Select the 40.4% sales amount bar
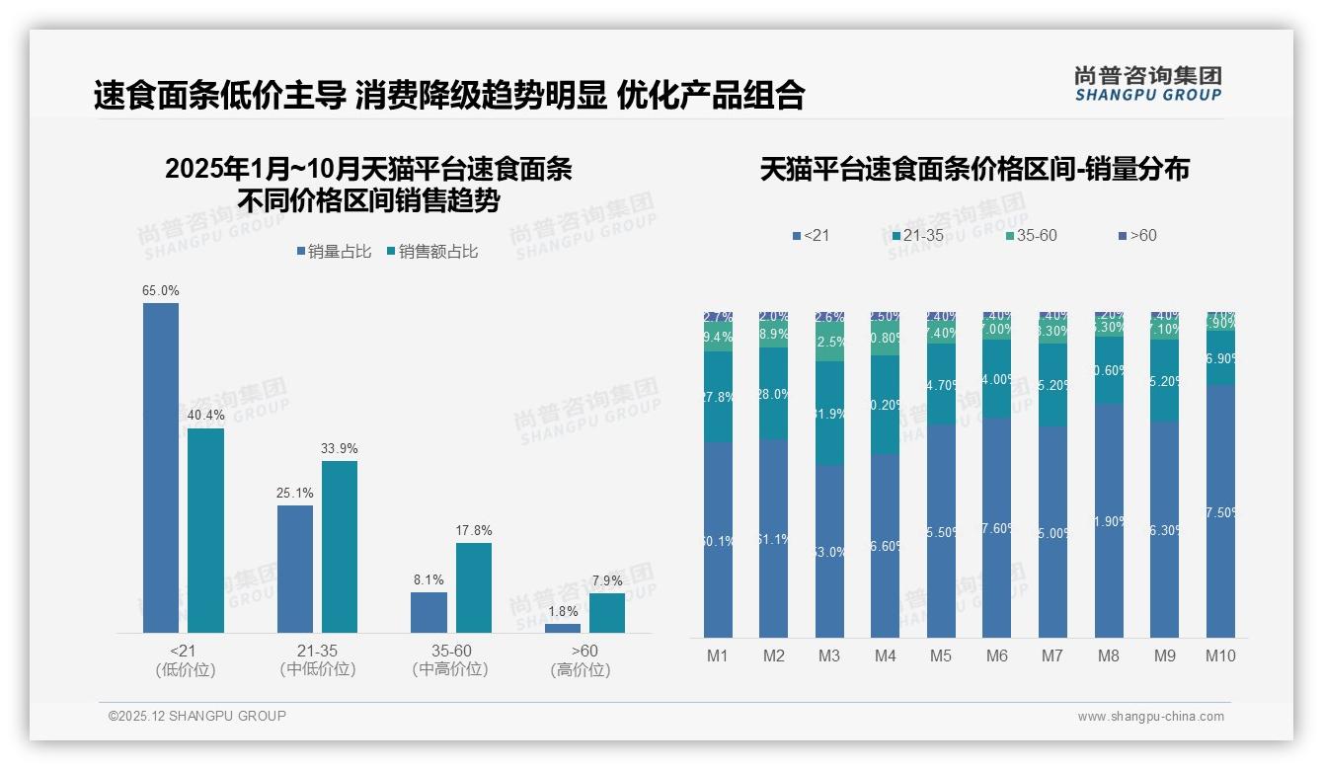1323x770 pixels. coord(205,530)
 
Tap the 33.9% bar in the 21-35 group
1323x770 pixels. coord(340,546)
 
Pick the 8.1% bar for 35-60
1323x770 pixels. coord(428,612)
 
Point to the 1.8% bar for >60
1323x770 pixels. coord(563,628)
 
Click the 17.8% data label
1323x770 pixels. coord(473,530)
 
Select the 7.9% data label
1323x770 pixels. coord(607,580)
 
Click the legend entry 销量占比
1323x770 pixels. coord(333,252)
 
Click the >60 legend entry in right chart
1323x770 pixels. coord(1136,236)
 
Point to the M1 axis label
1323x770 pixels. coord(718,655)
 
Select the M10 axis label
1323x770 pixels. coord(1220,655)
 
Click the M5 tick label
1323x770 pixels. coord(941,655)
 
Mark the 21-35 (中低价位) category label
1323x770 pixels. coord(317,660)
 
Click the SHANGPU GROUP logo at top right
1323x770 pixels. coord(1147,83)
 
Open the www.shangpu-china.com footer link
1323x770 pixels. coord(1150,717)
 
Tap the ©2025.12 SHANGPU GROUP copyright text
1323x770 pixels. coord(197,716)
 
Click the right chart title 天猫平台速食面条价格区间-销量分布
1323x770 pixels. coord(973,169)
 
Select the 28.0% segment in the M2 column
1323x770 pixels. coord(773,393)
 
